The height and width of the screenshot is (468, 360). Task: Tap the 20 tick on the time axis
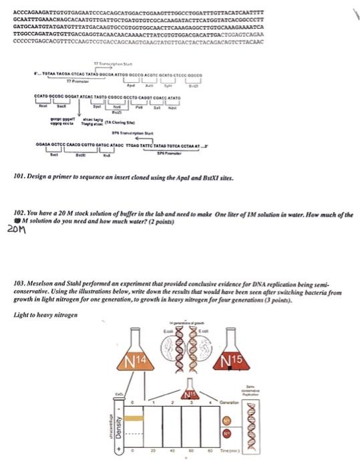[x=152, y=460]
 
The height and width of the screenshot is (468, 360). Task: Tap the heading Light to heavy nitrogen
[x=45, y=314]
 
